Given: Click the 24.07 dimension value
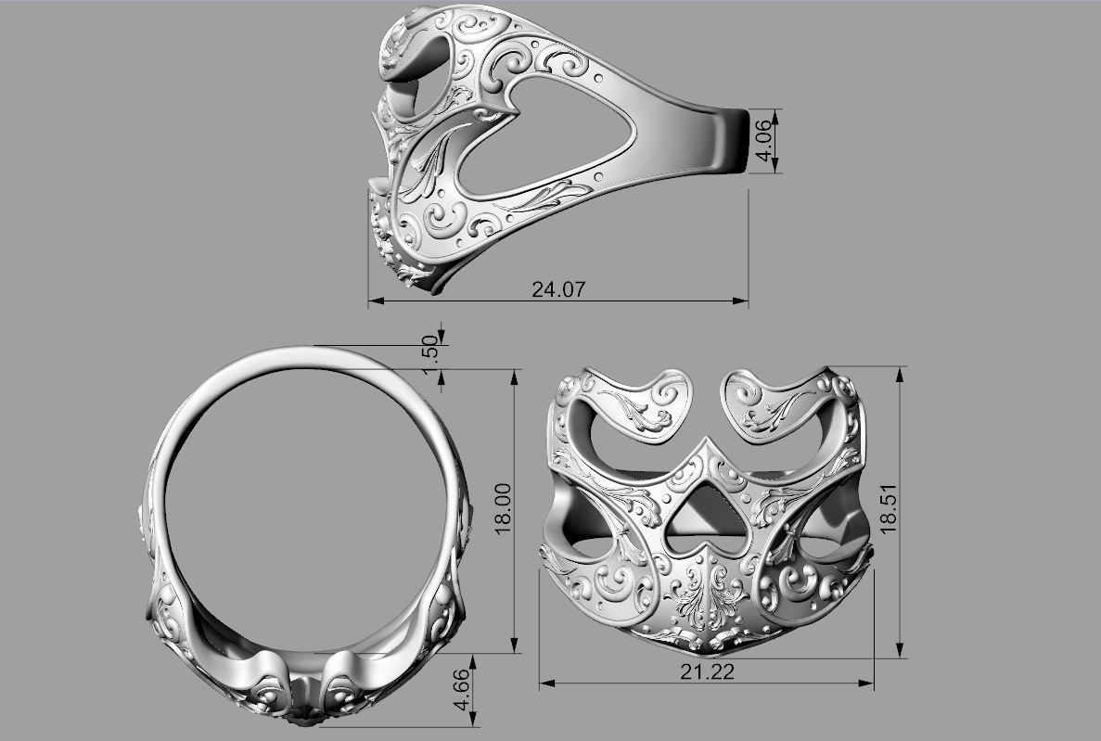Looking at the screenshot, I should pyautogui.click(x=558, y=289).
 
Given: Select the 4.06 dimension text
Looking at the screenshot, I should pyautogui.click(x=765, y=141).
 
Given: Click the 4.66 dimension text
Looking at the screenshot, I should pyautogui.click(x=461, y=691).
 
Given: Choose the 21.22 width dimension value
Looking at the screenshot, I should pyautogui.click(x=707, y=672).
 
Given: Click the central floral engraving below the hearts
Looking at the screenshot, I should pyautogui.click(x=707, y=603).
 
